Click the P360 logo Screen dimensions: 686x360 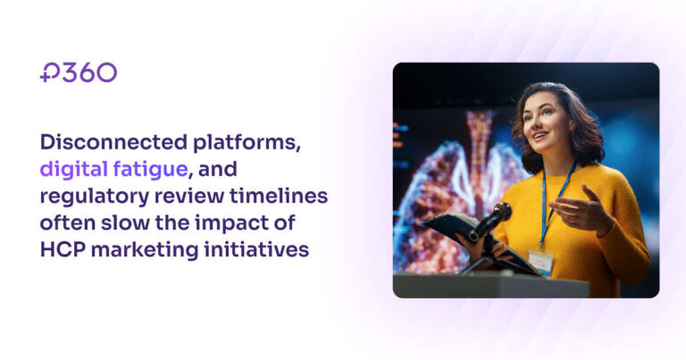79,72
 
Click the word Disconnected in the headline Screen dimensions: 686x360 113,142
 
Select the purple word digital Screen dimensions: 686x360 74,170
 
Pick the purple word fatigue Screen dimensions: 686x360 150,170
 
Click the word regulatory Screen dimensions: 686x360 95,197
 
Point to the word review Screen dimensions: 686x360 189,197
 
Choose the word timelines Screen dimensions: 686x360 279,196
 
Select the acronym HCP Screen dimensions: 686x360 63,250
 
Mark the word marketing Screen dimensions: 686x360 146,251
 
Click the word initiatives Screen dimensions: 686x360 257,250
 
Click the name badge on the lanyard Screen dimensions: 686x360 540,262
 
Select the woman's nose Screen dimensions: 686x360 532,124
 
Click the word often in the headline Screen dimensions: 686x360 68,222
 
